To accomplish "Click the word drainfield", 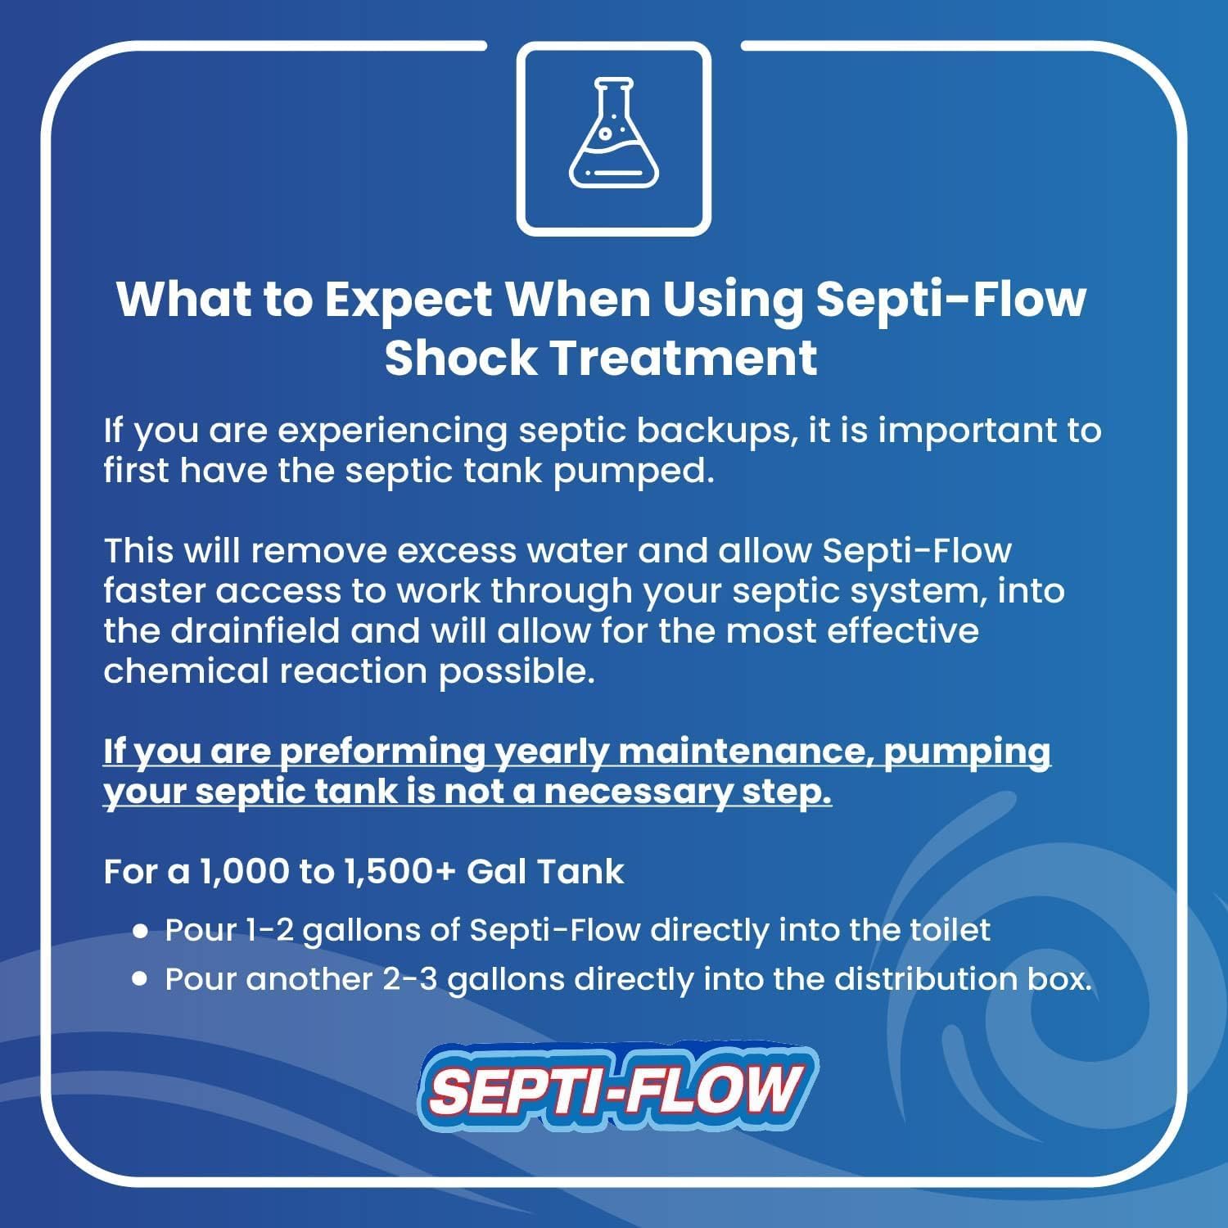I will click(255, 631).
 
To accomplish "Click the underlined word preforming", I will click(383, 752).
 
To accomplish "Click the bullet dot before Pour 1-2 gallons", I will click(141, 931).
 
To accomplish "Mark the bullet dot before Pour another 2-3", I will click(141, 979).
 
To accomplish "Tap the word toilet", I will click(950, 930).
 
